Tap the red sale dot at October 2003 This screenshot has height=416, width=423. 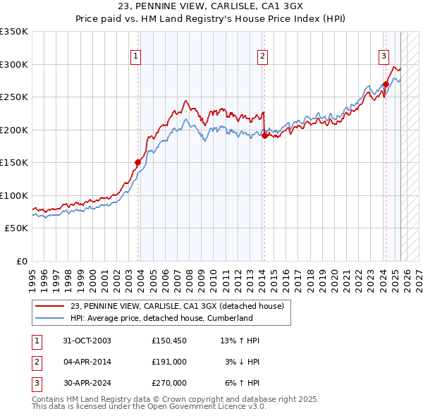click(138, 161)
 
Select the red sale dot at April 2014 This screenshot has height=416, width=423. click(264, 135)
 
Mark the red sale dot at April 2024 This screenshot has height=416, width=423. click(386, 85)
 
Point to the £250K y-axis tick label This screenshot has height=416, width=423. click(13, 97)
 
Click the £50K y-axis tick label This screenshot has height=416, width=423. click(16, 228)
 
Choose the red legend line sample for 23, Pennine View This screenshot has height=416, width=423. click(50, 306)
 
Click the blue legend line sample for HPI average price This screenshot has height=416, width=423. click(50, 318)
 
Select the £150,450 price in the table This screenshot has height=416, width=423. click(168, 341)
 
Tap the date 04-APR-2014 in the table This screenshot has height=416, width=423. click(88, 362)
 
